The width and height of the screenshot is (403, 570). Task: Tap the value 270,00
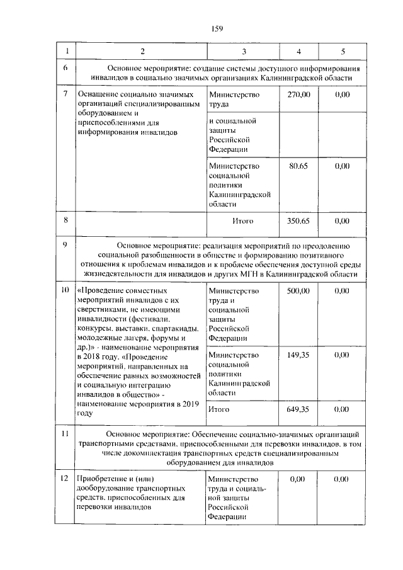298,94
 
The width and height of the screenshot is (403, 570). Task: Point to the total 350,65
298,221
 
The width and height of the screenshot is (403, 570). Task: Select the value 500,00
298,291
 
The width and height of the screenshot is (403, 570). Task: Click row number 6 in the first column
65,67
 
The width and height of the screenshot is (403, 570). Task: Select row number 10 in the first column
65,291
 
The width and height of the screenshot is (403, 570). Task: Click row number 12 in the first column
65,479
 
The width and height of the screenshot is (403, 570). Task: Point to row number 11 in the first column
65,435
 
